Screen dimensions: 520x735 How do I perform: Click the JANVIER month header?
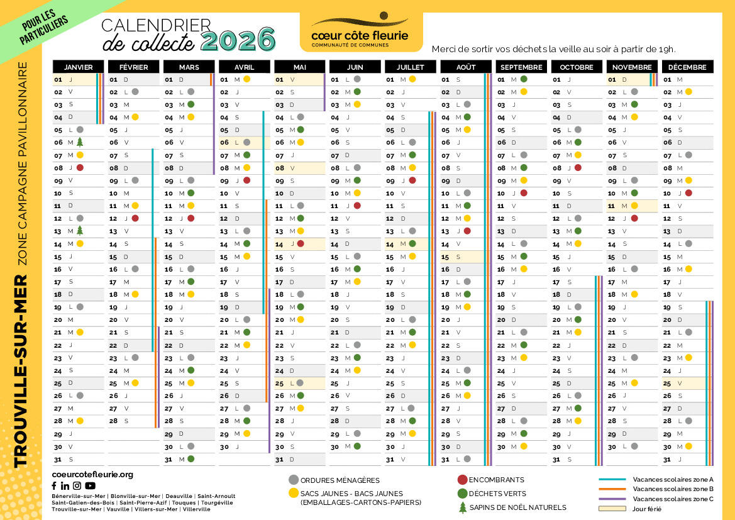78,67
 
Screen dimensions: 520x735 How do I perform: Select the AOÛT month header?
466,67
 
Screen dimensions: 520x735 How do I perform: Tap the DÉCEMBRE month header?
687,67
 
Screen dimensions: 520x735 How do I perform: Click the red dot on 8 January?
80,168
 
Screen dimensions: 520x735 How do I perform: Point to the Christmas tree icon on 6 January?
80,143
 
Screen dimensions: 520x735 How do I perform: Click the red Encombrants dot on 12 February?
135,218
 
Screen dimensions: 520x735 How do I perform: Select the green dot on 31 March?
191,459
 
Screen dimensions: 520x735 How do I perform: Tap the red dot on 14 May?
301,244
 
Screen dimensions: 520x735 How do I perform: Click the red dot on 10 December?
688,193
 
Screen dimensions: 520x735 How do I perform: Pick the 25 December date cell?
687,383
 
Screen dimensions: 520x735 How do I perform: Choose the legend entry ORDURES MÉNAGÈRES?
340,480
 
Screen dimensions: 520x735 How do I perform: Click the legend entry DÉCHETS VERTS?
497,494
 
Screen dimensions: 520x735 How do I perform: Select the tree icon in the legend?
463,507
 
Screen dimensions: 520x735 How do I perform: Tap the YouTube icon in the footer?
91,485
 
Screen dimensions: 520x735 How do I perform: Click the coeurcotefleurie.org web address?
92,474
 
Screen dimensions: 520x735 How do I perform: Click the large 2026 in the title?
238,40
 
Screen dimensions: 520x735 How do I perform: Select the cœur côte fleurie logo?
360,31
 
